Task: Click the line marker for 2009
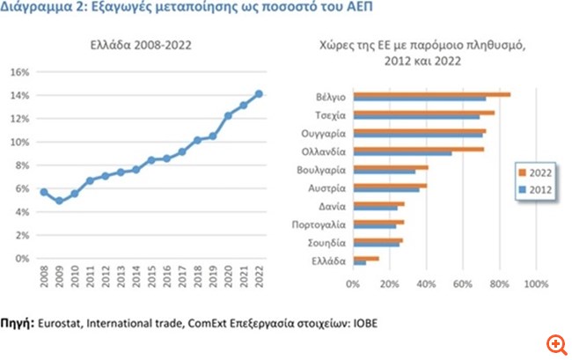(x=59, y=201)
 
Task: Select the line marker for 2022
(x=258, y=93)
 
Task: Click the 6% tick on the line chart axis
(x=26, y=188)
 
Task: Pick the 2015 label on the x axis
(x=151, y=279)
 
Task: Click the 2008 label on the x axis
(x=44, y=279)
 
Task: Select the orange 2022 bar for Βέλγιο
(x=431, y=93)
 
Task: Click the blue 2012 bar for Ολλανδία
(x=402, y=153)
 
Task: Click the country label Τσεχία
(x=328, y=114)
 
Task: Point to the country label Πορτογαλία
(x=319, y=224)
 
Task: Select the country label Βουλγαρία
(x=321, y=169)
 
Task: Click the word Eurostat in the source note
(x=61, y=324)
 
